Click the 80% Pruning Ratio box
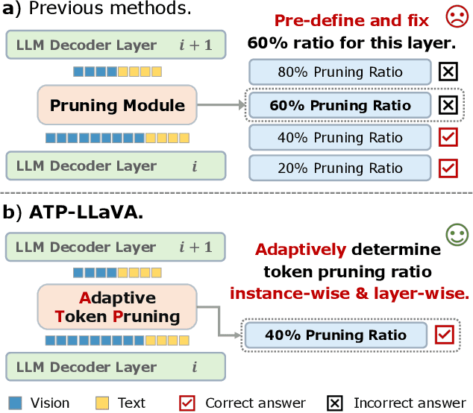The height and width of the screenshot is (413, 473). (340, 72)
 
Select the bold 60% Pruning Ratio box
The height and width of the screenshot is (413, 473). (340, 105)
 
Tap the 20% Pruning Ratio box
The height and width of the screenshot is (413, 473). (340, 168)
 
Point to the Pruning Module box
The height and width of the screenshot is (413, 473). (117, 105)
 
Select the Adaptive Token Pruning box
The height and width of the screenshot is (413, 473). (117, 307)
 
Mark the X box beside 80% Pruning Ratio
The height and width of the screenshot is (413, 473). (448, 72)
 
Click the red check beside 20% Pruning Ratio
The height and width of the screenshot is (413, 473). (448, 168)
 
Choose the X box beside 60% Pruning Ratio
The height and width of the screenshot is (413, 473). (448, 105)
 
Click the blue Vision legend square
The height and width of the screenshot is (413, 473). (15, 403)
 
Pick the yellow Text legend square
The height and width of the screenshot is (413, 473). (102, 403)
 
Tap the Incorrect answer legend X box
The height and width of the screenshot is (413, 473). (336, 403)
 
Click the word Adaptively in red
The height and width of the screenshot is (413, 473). (297, 250)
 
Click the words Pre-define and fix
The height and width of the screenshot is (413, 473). (351, 21)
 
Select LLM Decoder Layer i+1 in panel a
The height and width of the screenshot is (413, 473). (115, 45)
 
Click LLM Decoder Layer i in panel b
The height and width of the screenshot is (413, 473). (115, 367)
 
